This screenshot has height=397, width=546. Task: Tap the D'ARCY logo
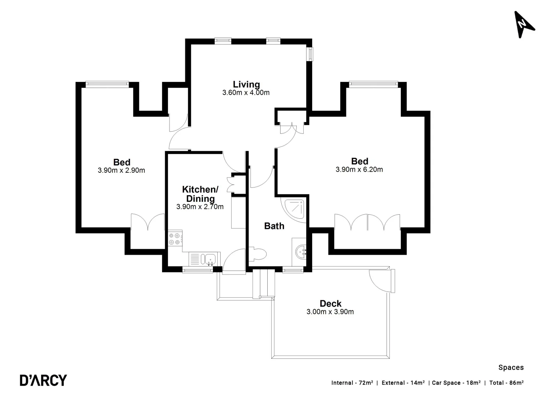coord(43,380)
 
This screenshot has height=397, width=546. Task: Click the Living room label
coord(246,85)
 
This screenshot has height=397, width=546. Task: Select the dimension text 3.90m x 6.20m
coord(359,169)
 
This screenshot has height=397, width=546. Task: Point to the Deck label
coord(330,304)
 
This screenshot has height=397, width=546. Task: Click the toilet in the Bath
coord(258,254)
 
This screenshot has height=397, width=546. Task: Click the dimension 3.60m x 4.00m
coord(246,93)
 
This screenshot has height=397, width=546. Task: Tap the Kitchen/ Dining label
coord(200,194)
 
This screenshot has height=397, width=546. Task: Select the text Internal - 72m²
coord(352,383)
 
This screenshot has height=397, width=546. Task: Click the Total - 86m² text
coord(506,383)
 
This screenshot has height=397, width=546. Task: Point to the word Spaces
coord(511,367)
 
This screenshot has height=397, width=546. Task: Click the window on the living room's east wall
coord(311,54)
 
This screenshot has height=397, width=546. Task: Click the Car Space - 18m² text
coord(456,383)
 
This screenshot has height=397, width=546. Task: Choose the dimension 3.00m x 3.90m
coord(330,312)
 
